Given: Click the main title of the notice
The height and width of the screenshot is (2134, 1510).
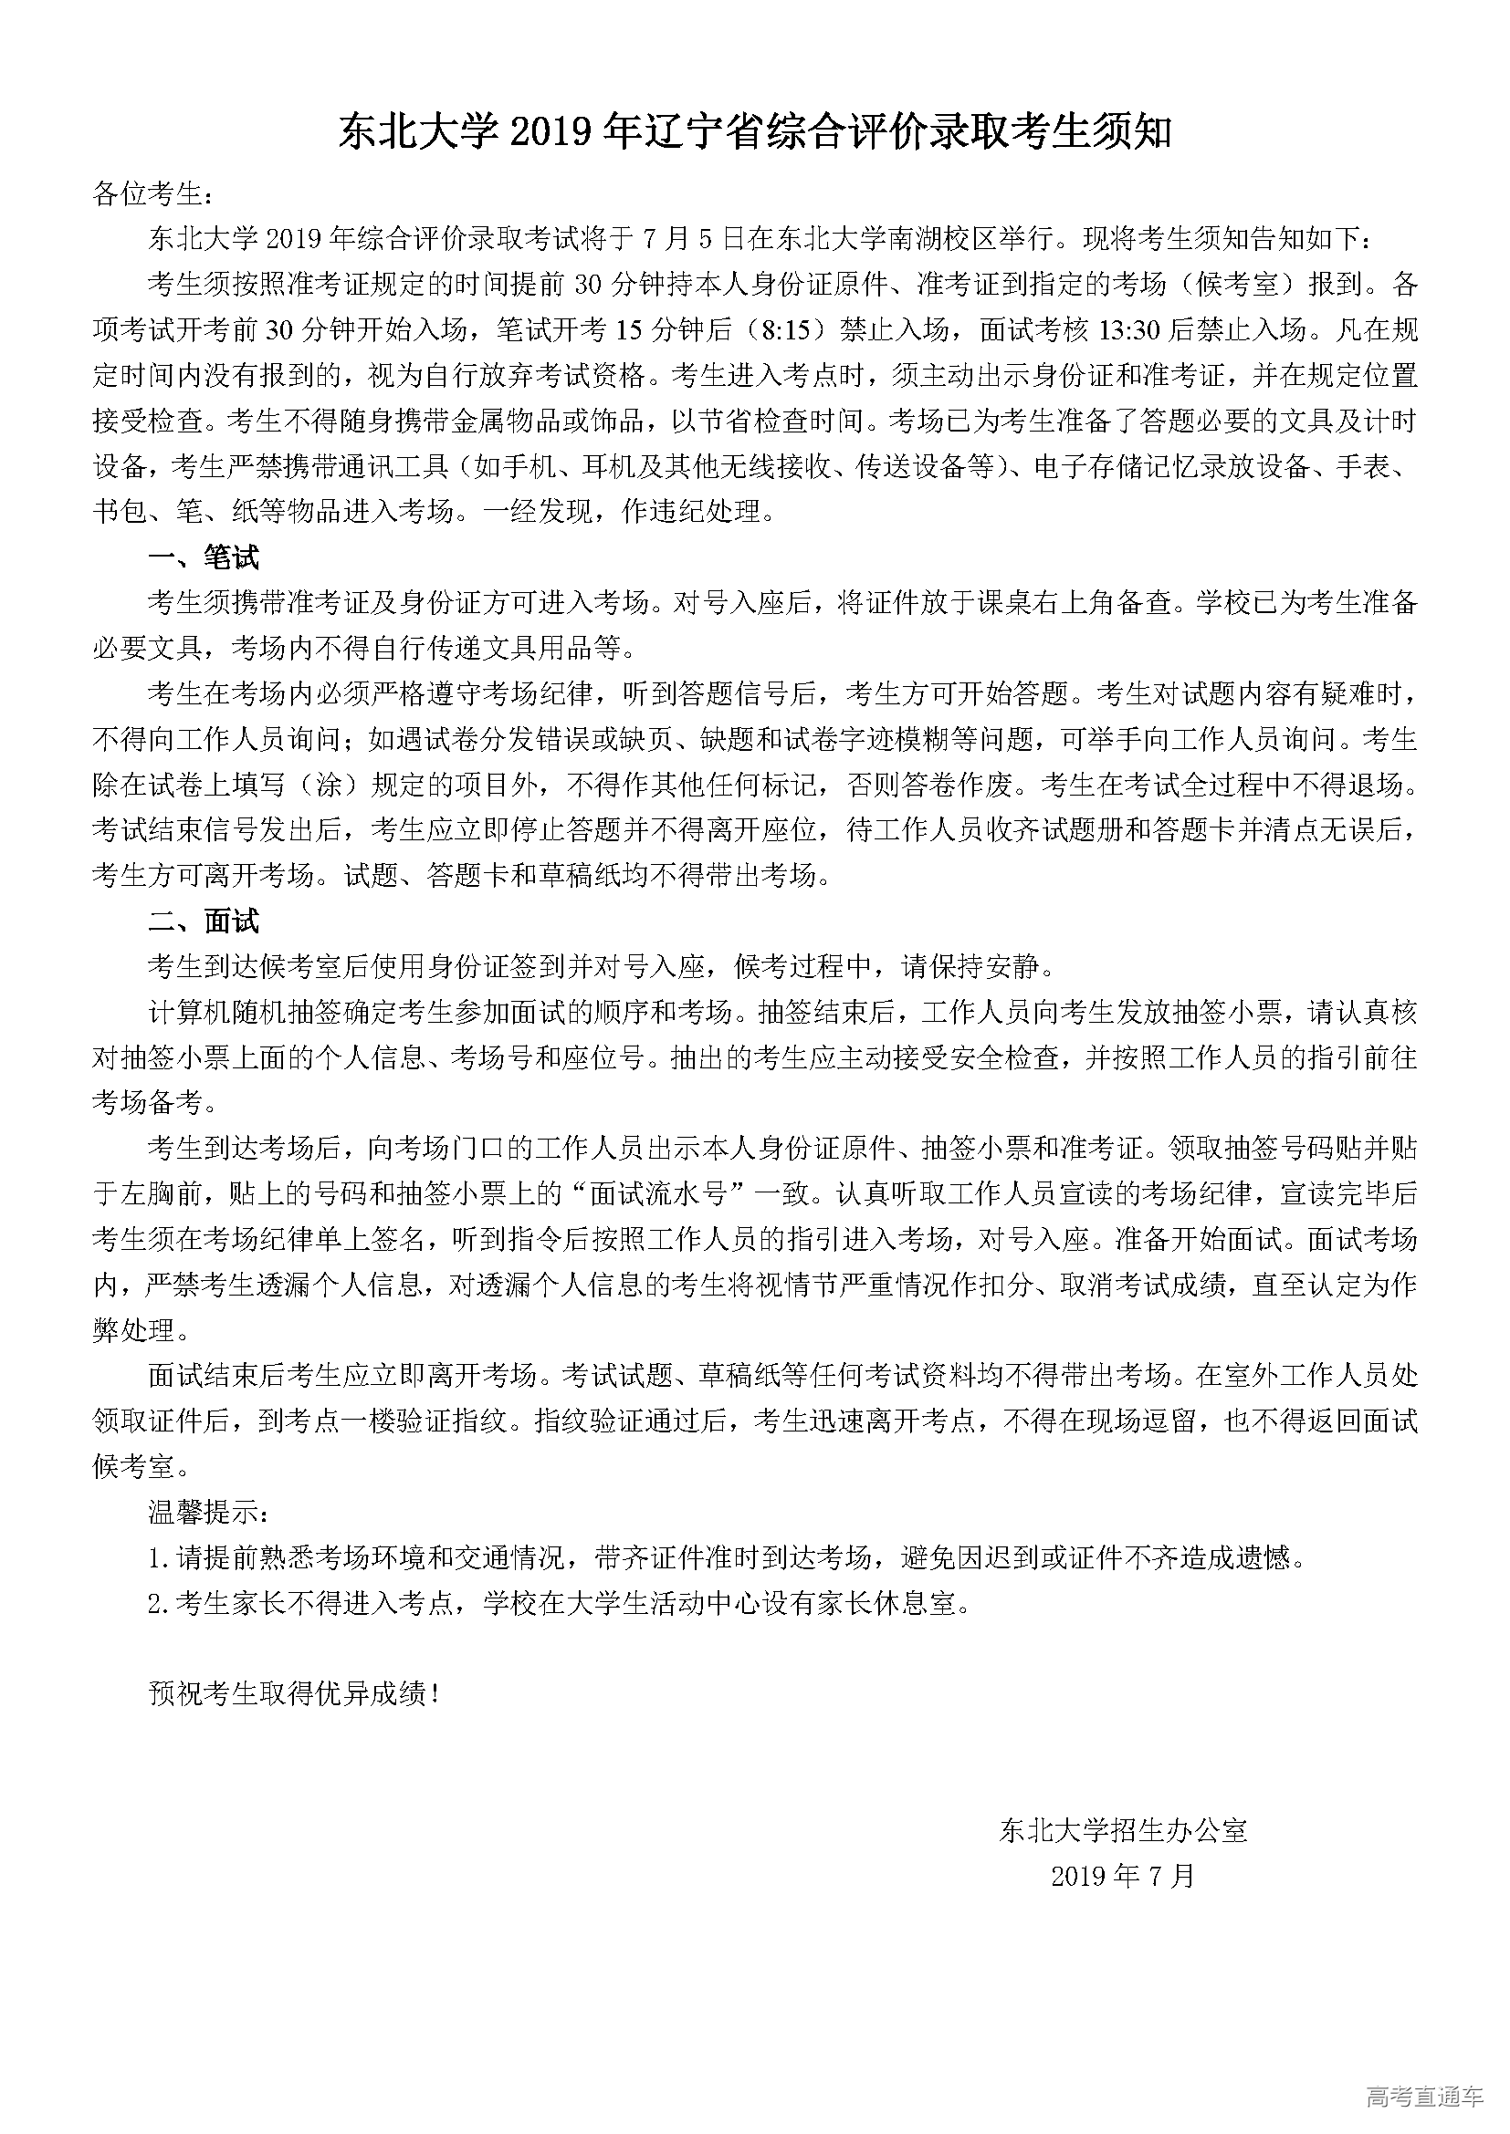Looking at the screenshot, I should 754,133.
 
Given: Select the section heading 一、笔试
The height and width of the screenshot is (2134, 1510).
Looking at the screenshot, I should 204,557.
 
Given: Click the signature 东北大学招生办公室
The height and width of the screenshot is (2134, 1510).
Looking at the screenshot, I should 1123,1831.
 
